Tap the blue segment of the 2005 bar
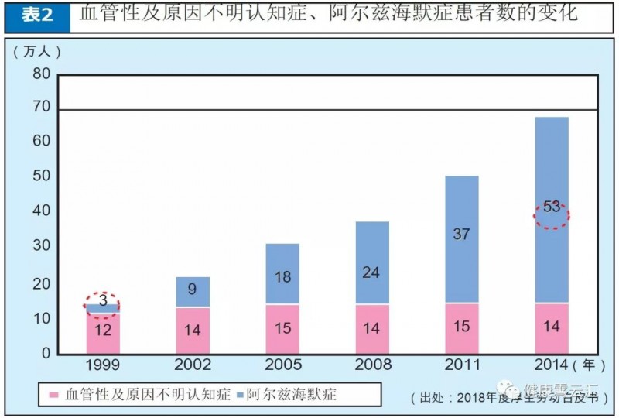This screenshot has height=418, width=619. (282, 274)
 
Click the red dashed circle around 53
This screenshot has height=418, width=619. (552, 216)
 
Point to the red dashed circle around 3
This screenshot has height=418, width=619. (102, 305)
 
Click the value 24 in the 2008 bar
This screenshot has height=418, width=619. (372, 272)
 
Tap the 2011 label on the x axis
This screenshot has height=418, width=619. (462, 365)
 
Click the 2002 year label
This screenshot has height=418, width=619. (193, 365)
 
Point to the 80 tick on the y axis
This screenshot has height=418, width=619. (40, 74)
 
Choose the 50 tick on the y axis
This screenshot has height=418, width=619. (40, 176)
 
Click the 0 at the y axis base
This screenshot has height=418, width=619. (46, 353)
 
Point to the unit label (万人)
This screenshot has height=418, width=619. (36, 51)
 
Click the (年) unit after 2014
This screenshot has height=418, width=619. (587, 364)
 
